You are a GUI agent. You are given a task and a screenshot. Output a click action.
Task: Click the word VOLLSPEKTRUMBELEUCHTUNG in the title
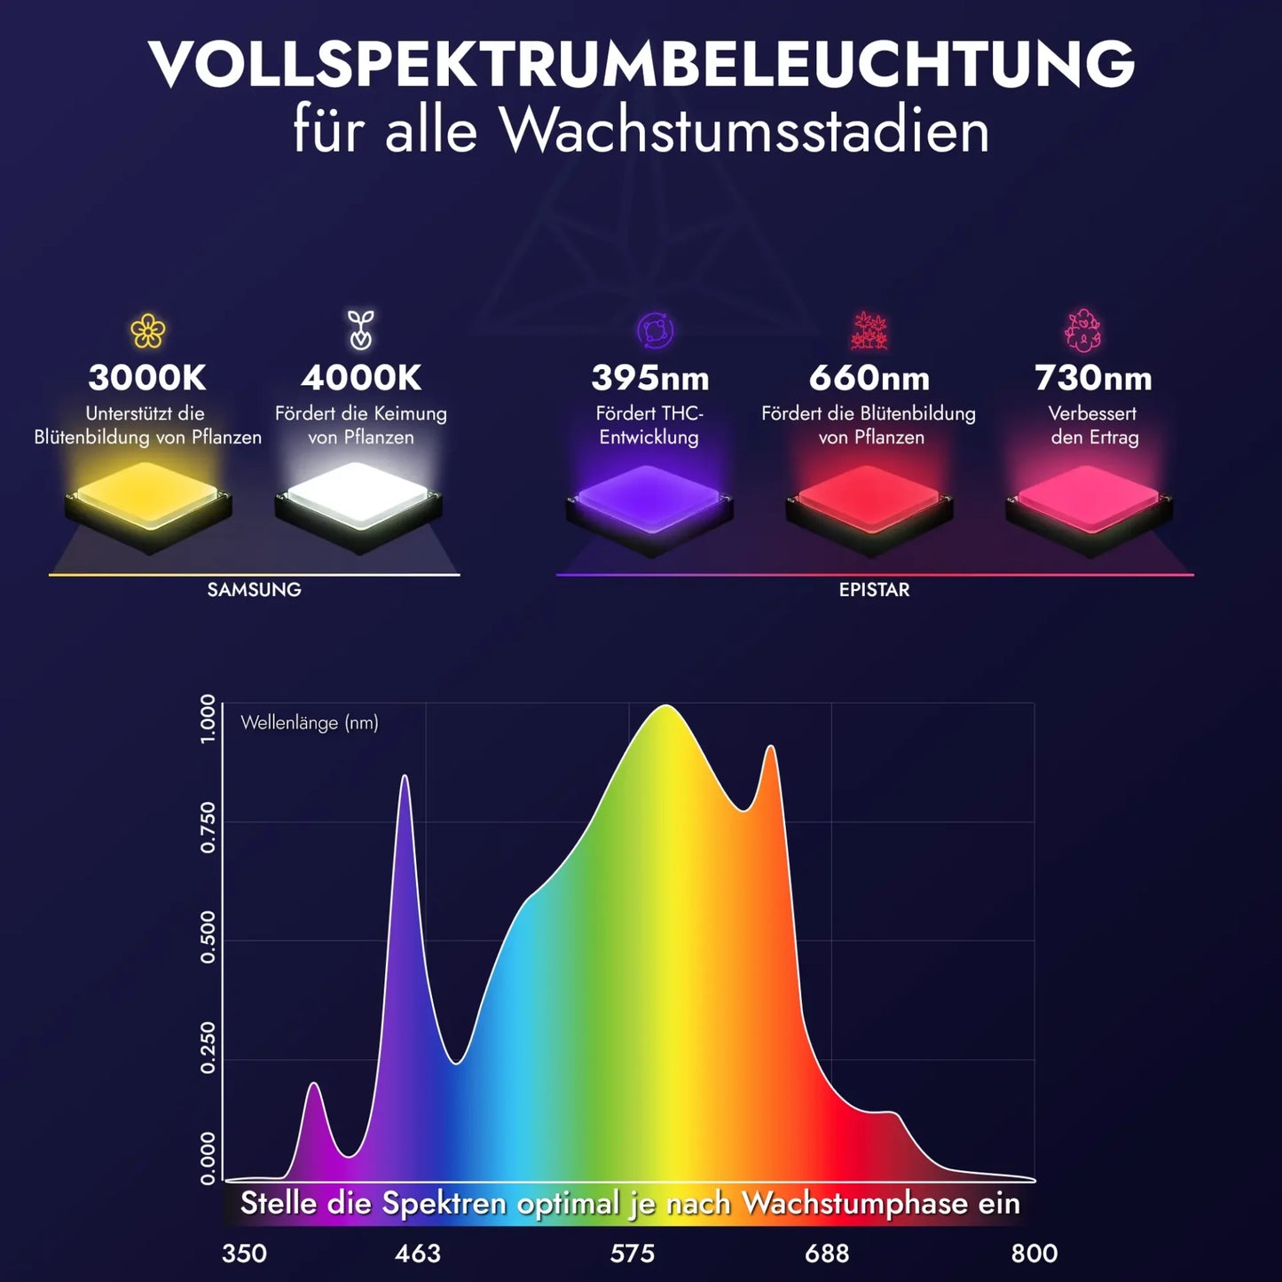click(641, 64)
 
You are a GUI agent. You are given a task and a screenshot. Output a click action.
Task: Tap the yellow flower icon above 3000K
click(148, 332)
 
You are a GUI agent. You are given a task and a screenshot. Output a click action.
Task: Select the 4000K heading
click(360, 378)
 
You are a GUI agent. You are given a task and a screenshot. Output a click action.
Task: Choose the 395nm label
click(649, 379)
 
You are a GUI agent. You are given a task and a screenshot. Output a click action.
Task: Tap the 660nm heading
click(869, 379)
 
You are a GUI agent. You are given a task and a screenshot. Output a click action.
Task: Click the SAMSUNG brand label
click(254, 590)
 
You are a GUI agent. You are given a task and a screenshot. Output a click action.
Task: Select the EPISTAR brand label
click(874, 590)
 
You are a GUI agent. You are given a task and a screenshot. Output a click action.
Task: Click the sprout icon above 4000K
click(360, 330)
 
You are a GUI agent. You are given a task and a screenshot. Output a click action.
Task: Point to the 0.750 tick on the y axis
click(208, 827)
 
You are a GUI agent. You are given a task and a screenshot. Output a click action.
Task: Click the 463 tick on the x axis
click(417, 1254)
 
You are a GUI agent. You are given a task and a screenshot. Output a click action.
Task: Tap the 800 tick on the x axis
click(1034, 1254)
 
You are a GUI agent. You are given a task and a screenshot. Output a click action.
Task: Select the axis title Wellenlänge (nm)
click(309, 723)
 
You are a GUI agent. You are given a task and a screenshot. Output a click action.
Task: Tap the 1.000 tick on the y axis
click(208, 720)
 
